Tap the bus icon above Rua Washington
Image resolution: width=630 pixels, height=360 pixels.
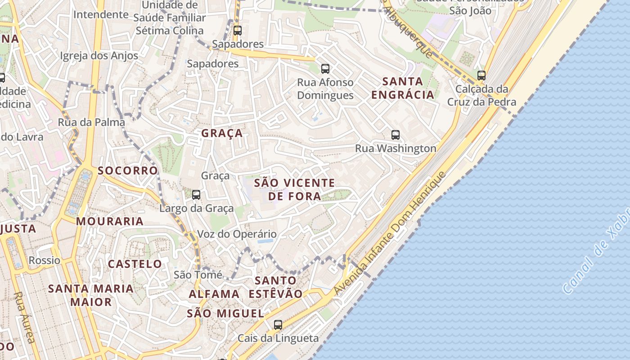pyautogui.click(x=395, y=135)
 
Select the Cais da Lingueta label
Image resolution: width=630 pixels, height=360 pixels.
pyautogui.click(x=278, y=338)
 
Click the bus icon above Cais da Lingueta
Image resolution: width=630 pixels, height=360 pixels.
pyautogui.click(x=278, y=324)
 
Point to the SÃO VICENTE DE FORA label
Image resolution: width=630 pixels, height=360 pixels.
pyautogui.click(x=295, y=189)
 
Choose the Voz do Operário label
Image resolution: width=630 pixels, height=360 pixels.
pyautogui.click(x=237, y=234)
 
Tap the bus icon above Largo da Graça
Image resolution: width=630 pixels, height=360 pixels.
pyautogui.click(x=196, y=195)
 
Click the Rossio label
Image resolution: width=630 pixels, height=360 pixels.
pyautogui.click(x=44, y=260)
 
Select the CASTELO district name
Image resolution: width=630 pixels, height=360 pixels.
pyautogui.click(x=135, y=264)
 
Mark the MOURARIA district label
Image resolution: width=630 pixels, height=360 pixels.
pyautogui.click(x=110, y=221)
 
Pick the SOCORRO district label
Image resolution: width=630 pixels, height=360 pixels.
pyautogui.click(x=128, y=171)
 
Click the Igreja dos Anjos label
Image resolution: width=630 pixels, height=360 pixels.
pyautogui.click(x=99, y=56)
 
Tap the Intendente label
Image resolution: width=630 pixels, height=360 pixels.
pyautogui.click(x=101, y=14)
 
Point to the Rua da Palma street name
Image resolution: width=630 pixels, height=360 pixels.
pyautogui.click(x=91, y=122)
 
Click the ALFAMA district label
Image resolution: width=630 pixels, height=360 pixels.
pyautogui.click(x=214, y=294)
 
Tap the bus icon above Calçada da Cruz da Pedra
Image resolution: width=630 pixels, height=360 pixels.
pyautogui.click(x=481, y=75)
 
